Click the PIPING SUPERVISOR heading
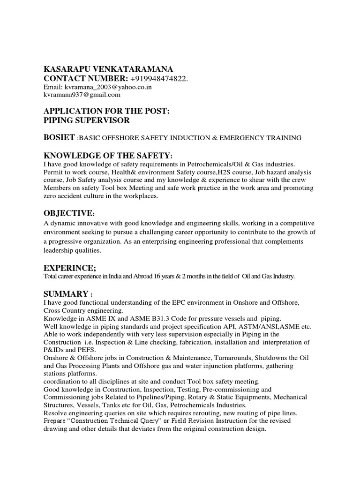pos(86,120)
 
